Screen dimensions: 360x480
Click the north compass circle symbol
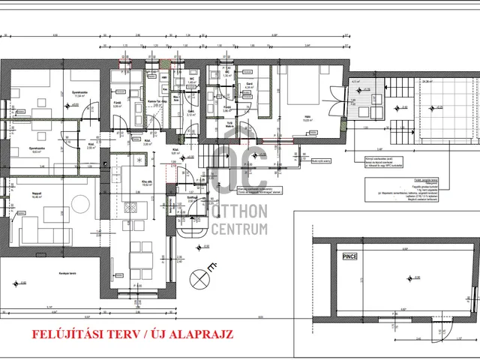point(200,279)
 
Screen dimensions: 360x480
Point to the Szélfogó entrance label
point(192,197)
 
